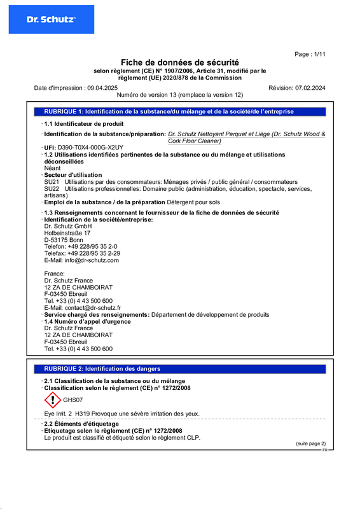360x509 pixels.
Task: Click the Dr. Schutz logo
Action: pyautogui.click(x=51, y=20)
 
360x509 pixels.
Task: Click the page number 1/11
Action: pyautogui.click(x=310, y=55)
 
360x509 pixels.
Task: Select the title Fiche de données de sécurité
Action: pyautogui.click(x=180, y=62)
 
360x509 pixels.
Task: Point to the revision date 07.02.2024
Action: pyautogui.click(x=310, y=87)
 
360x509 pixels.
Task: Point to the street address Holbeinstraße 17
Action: pyautogui.click(x=67, y=233)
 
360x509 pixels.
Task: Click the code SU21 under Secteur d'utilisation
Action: pyautogui.click(x=51, y=182)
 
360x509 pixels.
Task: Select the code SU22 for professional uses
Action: pyautogui.click(x=51, y=189)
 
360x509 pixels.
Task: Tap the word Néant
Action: pyautogui.click(x=52, y=168)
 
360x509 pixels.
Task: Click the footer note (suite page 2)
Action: pyautogui.click(x=310, y=443)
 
